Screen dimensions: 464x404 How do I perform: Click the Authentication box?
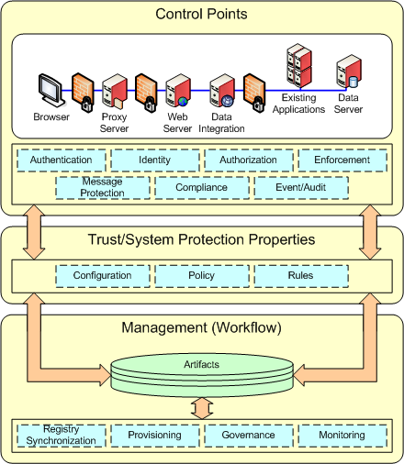tap(62, 160)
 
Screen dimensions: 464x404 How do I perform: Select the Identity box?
tap(154, 160)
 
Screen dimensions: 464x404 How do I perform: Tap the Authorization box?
tap(249, 160)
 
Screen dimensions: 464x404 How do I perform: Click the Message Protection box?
tap(102, 187)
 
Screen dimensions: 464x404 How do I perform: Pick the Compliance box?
tap(202, 187)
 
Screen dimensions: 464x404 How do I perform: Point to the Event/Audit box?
tap(301, 187)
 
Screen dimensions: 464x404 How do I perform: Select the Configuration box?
tap(102, 275)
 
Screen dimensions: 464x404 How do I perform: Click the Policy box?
tap(202, 275)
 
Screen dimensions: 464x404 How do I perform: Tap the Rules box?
tap(301, 275)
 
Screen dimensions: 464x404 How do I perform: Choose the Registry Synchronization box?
tap(62, 435)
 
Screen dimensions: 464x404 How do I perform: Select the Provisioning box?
tap(154, 435)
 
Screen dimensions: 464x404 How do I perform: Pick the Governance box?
tap(249, 435)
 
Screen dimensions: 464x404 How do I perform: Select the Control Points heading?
tap(202, 14)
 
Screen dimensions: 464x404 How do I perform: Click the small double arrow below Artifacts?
tap(202, 405)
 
